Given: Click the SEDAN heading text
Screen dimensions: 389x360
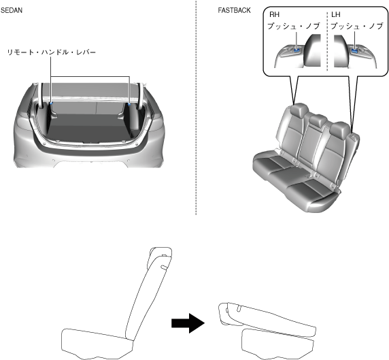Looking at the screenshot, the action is (x=12, y=10).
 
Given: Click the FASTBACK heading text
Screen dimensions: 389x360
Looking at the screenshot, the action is (x=234, y=10).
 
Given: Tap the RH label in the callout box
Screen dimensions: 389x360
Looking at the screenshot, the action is (x=274, y=15).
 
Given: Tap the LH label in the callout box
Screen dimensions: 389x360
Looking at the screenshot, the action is (x=336, y=15).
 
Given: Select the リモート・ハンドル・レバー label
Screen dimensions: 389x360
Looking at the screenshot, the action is (x=52, y=52).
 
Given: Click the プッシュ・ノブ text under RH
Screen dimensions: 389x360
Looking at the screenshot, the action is (x=294, y=26).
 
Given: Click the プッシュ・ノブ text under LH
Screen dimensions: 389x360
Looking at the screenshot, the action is (x=357, y=26).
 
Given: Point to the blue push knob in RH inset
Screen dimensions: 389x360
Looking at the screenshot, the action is (x=297, y=50).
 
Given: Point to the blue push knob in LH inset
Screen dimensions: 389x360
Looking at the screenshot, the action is (x=355, y=50).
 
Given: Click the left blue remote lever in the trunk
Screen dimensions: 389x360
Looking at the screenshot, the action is (x=51, y=103).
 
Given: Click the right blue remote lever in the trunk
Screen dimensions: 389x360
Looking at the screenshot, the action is (x=129, y=104).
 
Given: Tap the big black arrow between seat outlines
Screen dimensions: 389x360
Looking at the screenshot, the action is (x=188, y=323).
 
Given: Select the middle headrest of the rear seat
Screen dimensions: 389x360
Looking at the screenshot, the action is (x=318, y=120).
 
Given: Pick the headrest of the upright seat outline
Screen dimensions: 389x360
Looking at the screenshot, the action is (x=160, y=257).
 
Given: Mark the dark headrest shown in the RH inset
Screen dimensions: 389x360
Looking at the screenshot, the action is (x=312, y=51).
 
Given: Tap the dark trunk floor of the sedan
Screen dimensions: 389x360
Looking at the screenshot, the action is (x=89, y=129).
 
